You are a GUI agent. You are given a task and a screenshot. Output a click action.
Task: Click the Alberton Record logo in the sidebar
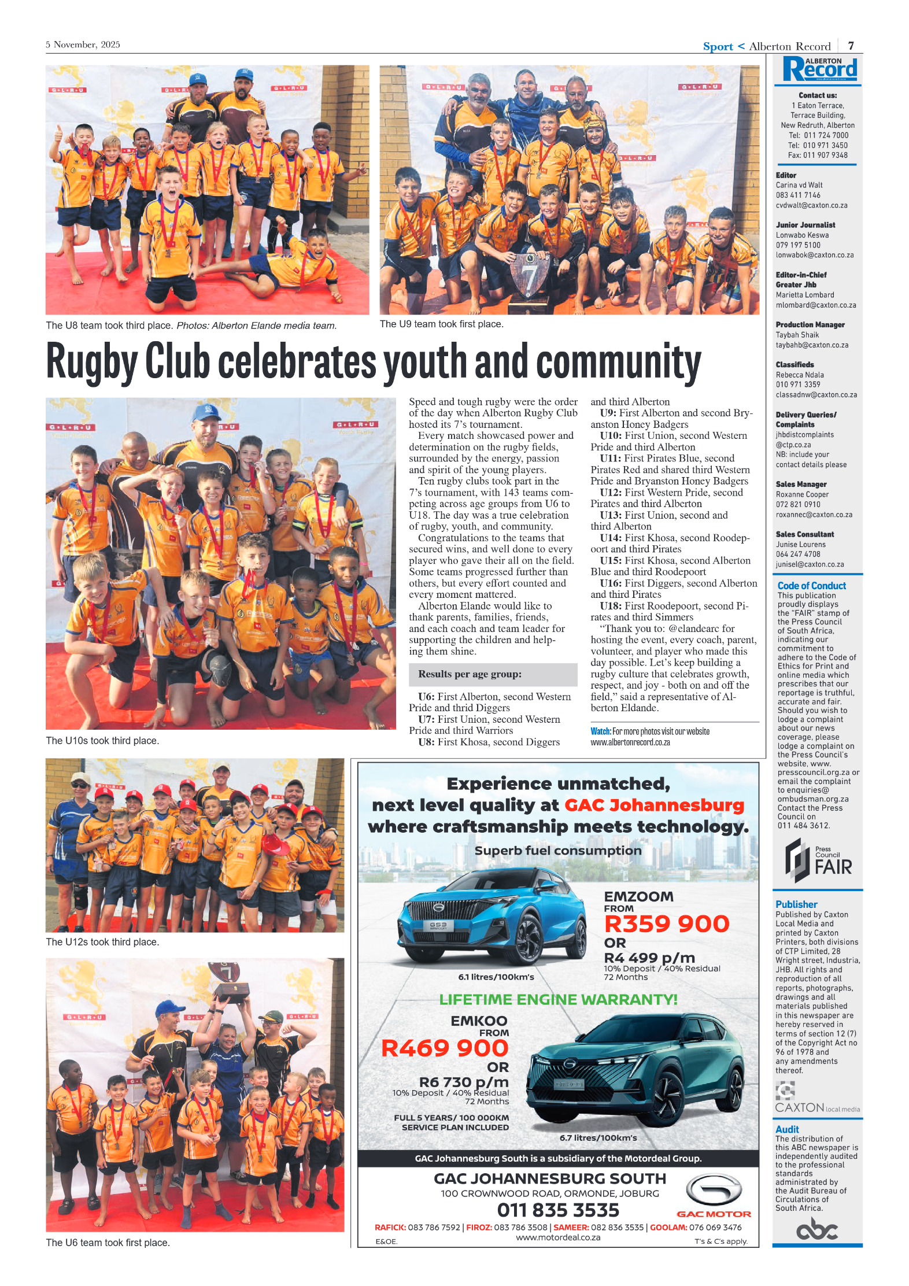point(819,70)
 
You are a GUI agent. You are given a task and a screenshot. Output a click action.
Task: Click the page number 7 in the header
point(851,46)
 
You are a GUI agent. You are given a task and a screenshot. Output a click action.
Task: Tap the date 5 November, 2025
point(83,45)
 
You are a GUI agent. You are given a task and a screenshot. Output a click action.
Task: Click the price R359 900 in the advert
point(666,923)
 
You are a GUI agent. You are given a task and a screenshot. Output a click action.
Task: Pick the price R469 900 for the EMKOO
point(444,1048)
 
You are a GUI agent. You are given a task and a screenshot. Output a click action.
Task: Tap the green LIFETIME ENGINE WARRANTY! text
point(558,1000)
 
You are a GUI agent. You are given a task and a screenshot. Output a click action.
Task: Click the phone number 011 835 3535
point(557,1210)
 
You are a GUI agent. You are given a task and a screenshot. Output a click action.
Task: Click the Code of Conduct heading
point(811,586)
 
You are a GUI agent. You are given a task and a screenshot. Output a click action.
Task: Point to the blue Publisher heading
point(796,904)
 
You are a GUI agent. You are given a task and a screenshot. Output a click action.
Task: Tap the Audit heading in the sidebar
point(787,1129)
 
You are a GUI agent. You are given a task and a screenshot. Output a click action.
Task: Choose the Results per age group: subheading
point(470,674)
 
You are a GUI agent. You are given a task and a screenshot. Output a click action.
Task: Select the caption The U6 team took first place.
point(108,1243)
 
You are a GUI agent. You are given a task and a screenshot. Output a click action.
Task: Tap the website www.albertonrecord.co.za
point(630,742)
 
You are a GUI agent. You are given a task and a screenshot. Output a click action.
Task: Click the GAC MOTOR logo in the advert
point(714,1198)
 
